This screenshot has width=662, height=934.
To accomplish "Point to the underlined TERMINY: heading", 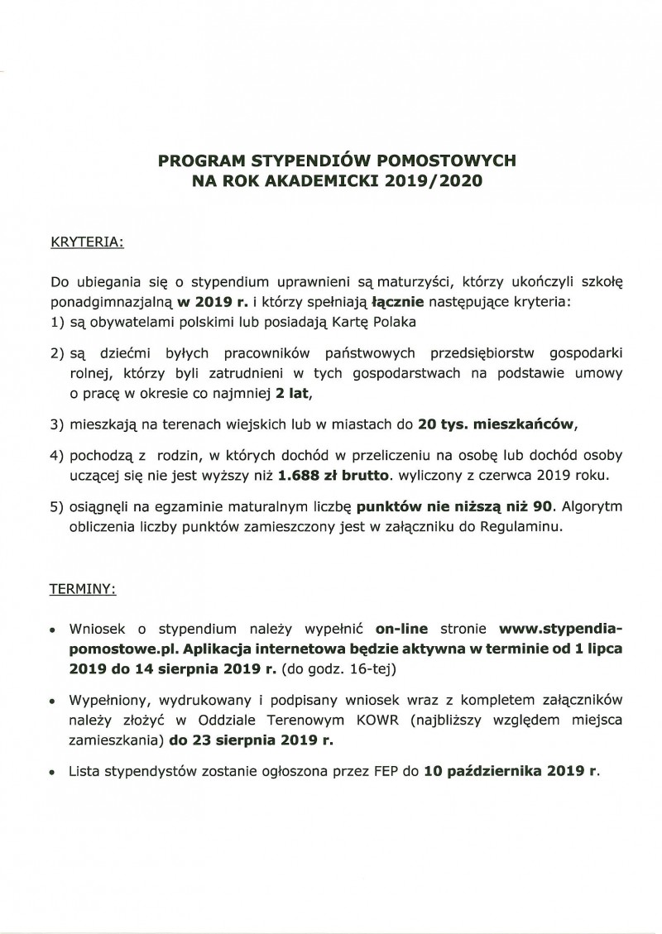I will [x=84, y=591].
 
